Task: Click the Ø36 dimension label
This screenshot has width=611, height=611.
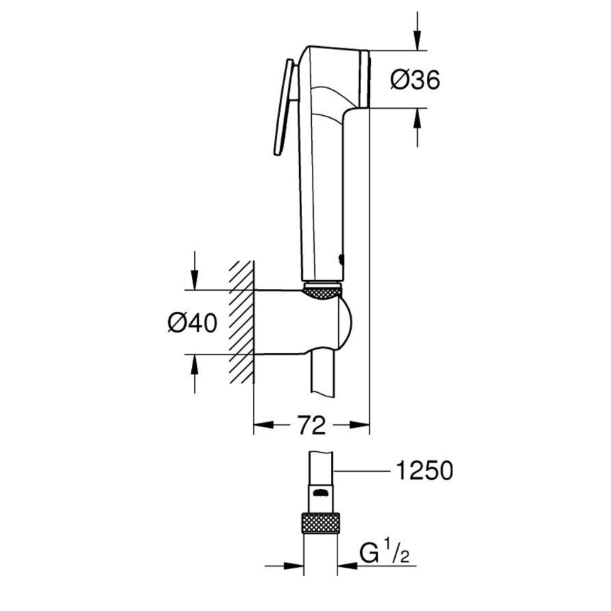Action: pyautogui.click(x=415, y=80)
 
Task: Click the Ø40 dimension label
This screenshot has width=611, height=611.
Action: pyautogui.click(x=192, y=323)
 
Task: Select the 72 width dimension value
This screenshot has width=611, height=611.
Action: pyautogui.click(x=311, y=425)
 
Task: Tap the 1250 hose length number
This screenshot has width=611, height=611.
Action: pyautogui.click(x=424, y=470)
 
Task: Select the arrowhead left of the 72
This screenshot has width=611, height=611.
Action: pyautogui.click(x=264, y=425)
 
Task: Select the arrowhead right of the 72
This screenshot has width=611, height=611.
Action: pyautogui.click(x=359, y=425)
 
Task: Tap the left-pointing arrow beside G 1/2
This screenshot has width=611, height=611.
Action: pyautogui.click(x=347, y=566)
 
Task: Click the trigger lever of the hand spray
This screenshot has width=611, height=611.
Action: pyautogui.click(x=286, y=108)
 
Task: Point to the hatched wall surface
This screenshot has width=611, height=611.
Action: pyautogui.click(x=242, y=322)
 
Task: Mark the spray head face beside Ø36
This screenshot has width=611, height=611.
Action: pyautogui.click(x=364, y=79)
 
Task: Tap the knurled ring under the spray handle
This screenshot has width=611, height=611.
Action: pyautogui.click(x=323, y=291)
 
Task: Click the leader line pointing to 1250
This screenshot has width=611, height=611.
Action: pyautogui.click(x=362, y=471)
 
